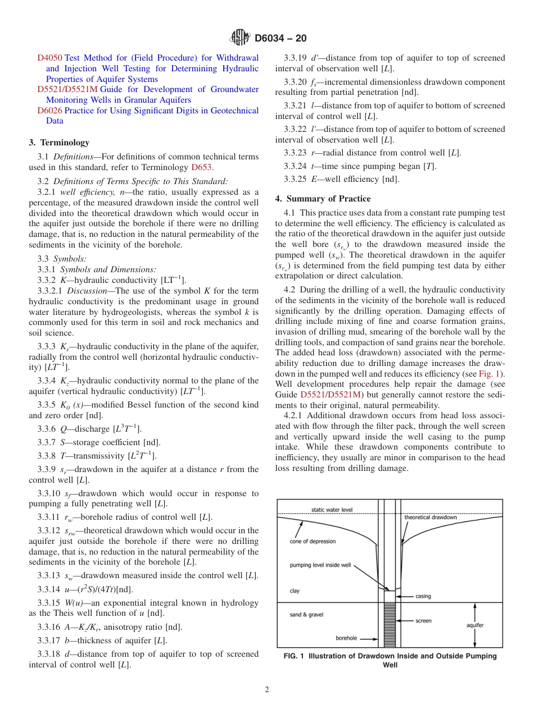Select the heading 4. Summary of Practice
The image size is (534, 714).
(323, 199)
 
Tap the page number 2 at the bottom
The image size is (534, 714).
(267, 690)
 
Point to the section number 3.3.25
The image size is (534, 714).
(296, 179)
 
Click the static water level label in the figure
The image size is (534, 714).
(332, 510)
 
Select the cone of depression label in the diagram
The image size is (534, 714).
(313, 542)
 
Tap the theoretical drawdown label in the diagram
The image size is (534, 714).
(431, 517)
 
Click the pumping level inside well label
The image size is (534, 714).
(320, 565)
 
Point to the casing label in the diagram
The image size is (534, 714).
(423, 596)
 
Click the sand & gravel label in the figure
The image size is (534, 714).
(306, 615)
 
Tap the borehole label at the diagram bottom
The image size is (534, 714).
(347, 638)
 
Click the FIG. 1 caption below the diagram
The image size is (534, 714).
(390, 661)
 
